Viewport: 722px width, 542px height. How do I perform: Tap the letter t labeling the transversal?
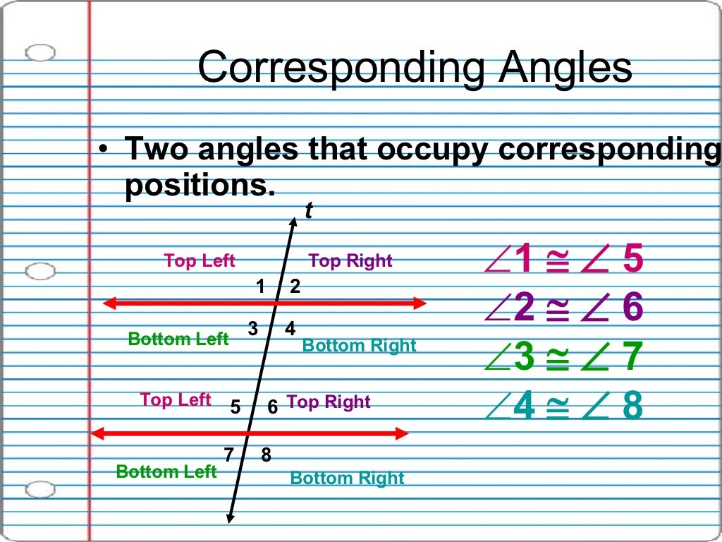coord(308,210)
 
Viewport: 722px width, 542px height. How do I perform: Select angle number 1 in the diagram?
coord(260,287)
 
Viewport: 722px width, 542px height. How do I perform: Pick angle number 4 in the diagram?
coord(290,329)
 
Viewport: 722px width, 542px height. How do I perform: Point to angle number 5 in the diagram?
coord(236,407)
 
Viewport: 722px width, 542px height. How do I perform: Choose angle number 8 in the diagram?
coord(266,455)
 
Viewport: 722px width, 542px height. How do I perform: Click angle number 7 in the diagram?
coord(229,455)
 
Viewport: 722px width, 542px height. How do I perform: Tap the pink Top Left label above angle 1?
coord(200,261)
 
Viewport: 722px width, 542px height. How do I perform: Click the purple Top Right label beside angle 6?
coord(329,402)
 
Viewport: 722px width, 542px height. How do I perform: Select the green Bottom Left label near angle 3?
coord(178,339)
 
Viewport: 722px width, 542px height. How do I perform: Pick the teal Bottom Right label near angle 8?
coord(347,478)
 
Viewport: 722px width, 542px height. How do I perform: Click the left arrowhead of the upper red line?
coord(109,303)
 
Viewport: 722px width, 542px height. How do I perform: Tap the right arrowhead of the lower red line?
coord(404,433)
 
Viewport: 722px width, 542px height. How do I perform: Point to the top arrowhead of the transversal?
coord(293,219)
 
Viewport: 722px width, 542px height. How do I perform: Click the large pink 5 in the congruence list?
coord(633,259)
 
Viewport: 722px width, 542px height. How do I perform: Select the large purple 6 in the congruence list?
coord(633,308)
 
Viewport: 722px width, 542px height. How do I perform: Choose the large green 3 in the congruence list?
coord(525,357)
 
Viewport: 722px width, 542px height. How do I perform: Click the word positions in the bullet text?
coord(197,186)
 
